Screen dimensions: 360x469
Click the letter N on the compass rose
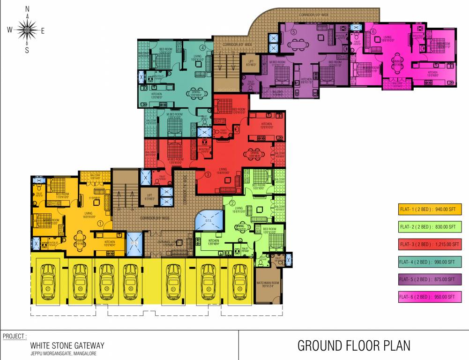[x=27, y=9]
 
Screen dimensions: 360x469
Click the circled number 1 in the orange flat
[x=99, y=224]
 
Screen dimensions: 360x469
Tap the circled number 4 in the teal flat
[x=202, y=47]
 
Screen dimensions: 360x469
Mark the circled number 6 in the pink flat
[x=373, y=32]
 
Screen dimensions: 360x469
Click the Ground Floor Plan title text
[x=354, y=346]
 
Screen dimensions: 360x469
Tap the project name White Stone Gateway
[x=67, y=345]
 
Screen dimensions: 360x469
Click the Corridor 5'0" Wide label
[x=315, y=16]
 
